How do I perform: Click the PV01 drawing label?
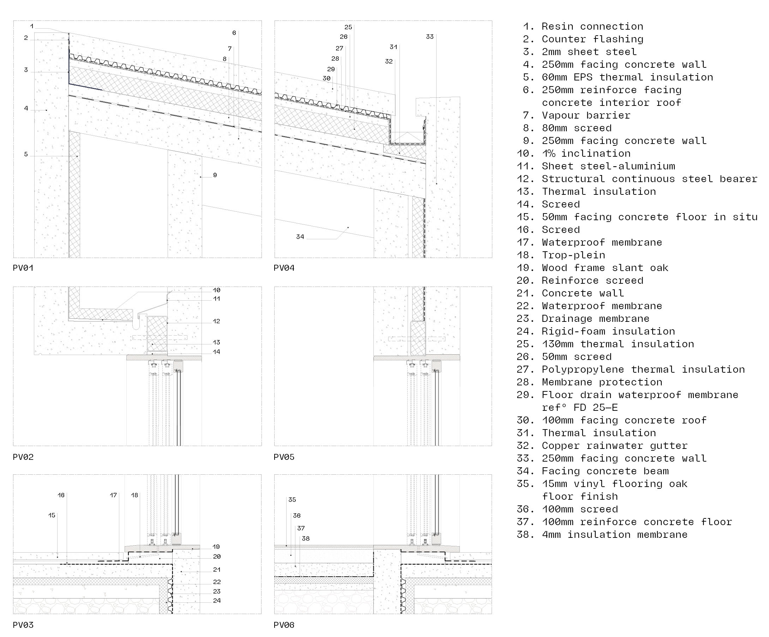tap(23, 268)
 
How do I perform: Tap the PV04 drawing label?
tap(284, 268)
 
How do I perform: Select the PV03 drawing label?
tap(23, 625)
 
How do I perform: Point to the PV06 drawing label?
tap(284, 625)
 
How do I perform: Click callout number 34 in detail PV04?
tap(300, 237)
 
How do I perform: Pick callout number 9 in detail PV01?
tap(215, 175)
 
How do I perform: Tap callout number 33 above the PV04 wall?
tap(430, 37)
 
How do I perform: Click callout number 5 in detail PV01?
tap(26, 154)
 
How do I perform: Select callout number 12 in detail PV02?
tap(216, 321)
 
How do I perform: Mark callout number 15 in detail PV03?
tap(52, 515)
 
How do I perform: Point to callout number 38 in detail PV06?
tap(305, 539)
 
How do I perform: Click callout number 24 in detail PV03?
tap(217, 600)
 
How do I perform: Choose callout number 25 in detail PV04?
tap(348, 27)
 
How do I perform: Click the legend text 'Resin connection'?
tap(592, 26)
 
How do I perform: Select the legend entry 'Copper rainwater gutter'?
tap(614, 445)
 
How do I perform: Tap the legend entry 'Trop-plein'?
tap(573, 255)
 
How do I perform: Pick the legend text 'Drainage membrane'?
tap(595, 318)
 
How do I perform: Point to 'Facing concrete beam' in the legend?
tap(605, 471)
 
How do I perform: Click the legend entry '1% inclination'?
tap(586, 154)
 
